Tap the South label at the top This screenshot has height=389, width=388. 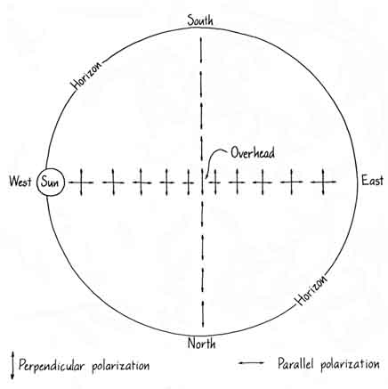click(200, 20)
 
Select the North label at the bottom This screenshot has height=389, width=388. click(201, 344)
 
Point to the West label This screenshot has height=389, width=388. click(20, 181)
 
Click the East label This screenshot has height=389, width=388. click(372, 181)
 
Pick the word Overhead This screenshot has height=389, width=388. click(253, 153)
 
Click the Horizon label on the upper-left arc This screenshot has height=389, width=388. click(86, 75)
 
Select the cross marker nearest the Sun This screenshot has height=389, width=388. click(81, 182)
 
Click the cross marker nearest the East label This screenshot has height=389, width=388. click(323, 182)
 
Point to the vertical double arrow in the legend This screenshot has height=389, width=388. click(12, 366)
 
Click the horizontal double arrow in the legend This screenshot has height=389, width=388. click(251, 363)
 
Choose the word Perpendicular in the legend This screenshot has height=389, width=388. click(52, 365)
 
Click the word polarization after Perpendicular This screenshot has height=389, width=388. click(120, 366)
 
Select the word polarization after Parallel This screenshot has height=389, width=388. click(350, 364)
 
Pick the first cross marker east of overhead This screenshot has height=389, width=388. click(215, 182)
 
